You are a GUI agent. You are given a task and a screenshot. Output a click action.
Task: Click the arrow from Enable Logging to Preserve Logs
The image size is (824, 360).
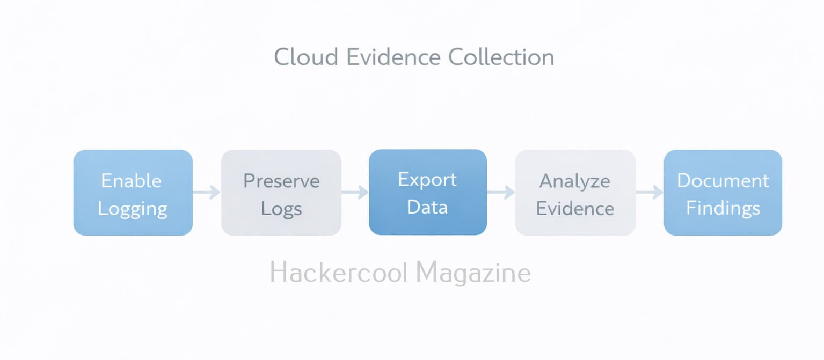[207, 192]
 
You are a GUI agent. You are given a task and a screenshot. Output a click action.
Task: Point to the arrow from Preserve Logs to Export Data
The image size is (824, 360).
[355, 192]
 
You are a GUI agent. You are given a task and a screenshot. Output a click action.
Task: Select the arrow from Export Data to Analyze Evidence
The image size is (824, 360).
[501, 192]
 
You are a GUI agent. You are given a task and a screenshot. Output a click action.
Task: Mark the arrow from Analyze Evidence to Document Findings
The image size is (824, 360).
[650, 192]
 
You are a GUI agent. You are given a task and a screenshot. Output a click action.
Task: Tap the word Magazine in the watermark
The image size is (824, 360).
[473, 273]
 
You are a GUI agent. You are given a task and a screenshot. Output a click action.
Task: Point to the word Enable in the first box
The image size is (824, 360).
[132, 181]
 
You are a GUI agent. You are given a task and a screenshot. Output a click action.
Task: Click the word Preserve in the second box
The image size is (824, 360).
[281, 181]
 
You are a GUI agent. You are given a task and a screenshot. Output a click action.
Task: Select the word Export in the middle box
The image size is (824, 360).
[427, 180]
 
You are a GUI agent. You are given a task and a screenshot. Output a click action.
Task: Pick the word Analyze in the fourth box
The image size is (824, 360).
[575, 181]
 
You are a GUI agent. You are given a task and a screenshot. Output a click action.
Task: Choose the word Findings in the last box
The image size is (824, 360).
[723, 208]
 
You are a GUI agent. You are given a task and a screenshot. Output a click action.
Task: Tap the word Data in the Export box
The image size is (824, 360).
[427, 207]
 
